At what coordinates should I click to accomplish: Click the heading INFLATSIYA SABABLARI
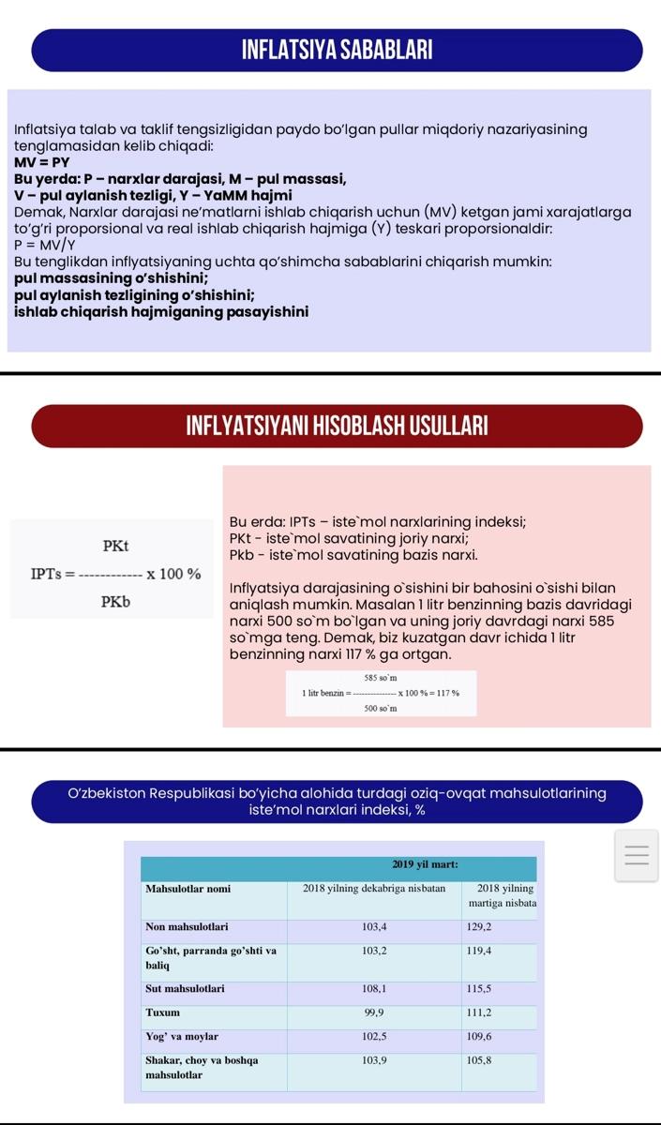pos(337,51)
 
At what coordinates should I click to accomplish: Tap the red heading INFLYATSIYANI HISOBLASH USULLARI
pos(337,427)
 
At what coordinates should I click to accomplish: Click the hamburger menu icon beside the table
pos(637,856)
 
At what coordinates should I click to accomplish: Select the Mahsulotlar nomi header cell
pos(188,888)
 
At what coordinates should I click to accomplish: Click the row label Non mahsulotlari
pos(187,927)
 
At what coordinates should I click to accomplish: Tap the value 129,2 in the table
pos(479,927)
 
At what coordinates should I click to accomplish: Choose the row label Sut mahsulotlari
pos(185,988)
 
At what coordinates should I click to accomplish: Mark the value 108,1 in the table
pos(373,988)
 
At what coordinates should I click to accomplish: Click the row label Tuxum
pos(163,1012)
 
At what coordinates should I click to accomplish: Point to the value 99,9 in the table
pos(373,1012)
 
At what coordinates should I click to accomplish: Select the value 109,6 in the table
pos(479,1037)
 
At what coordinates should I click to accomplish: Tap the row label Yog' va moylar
pos(182,1037)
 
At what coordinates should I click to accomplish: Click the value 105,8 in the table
pos(479,1060)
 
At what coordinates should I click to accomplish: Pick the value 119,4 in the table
pos(479,951)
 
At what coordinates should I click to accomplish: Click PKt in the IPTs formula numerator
pos(115,546)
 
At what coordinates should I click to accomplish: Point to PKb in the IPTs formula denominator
pos(115,601)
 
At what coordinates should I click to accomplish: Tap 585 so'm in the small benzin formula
pos(381,677)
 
